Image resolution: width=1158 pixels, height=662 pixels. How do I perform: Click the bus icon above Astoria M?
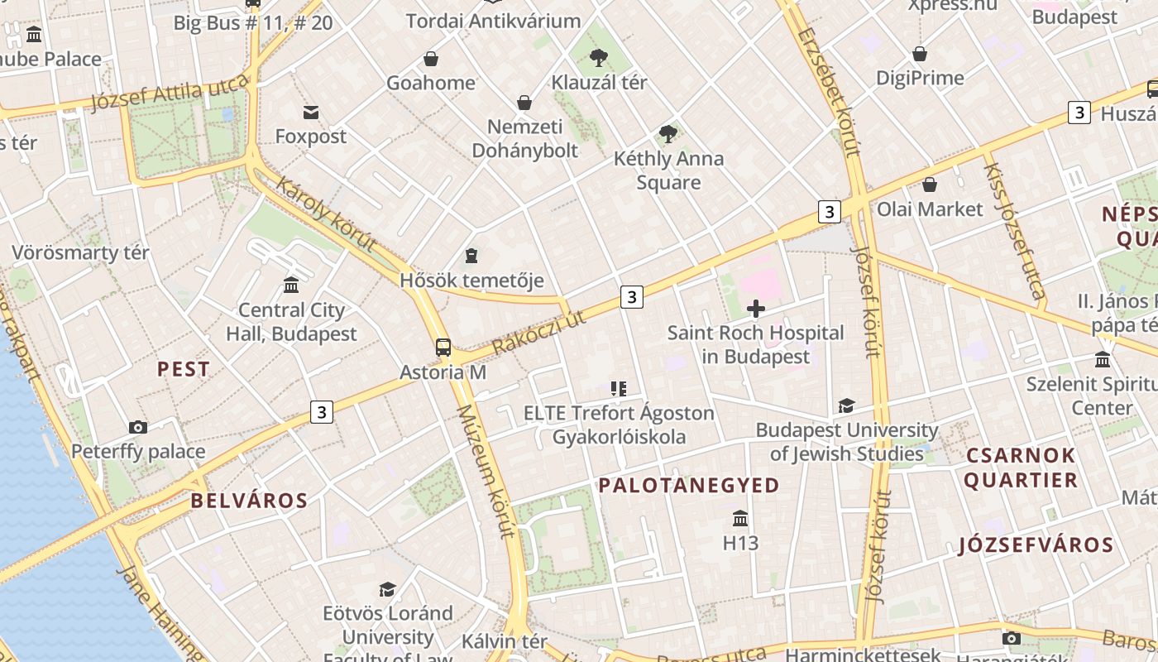443,348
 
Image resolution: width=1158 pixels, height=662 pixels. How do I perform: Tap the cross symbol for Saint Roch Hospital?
755,309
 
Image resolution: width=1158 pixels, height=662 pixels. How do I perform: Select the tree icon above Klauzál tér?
598,57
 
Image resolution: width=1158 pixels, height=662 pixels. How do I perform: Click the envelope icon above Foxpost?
311,113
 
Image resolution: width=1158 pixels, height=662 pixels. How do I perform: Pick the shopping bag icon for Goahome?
431,59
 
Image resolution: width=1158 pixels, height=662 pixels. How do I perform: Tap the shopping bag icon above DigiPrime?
919,54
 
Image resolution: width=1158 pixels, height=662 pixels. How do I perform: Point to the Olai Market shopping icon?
930,185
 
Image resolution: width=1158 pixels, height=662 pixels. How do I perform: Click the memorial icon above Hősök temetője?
471,255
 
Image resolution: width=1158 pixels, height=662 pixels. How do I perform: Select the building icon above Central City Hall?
291,285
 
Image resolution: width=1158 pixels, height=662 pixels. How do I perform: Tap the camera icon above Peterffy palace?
138,428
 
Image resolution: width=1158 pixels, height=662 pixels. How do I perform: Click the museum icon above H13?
740,519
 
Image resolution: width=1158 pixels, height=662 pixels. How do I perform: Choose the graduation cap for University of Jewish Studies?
846,406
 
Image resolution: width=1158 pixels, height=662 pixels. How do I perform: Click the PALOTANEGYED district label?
689,486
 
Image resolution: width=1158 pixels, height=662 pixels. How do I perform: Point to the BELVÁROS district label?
249,501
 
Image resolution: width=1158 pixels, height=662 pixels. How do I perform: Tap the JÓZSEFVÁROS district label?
1036,545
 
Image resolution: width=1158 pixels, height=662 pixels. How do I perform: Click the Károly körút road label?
326,214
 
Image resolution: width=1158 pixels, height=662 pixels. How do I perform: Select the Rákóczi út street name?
538,333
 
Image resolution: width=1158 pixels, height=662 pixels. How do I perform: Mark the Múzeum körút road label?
486,472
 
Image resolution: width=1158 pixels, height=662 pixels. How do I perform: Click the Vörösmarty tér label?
80,253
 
